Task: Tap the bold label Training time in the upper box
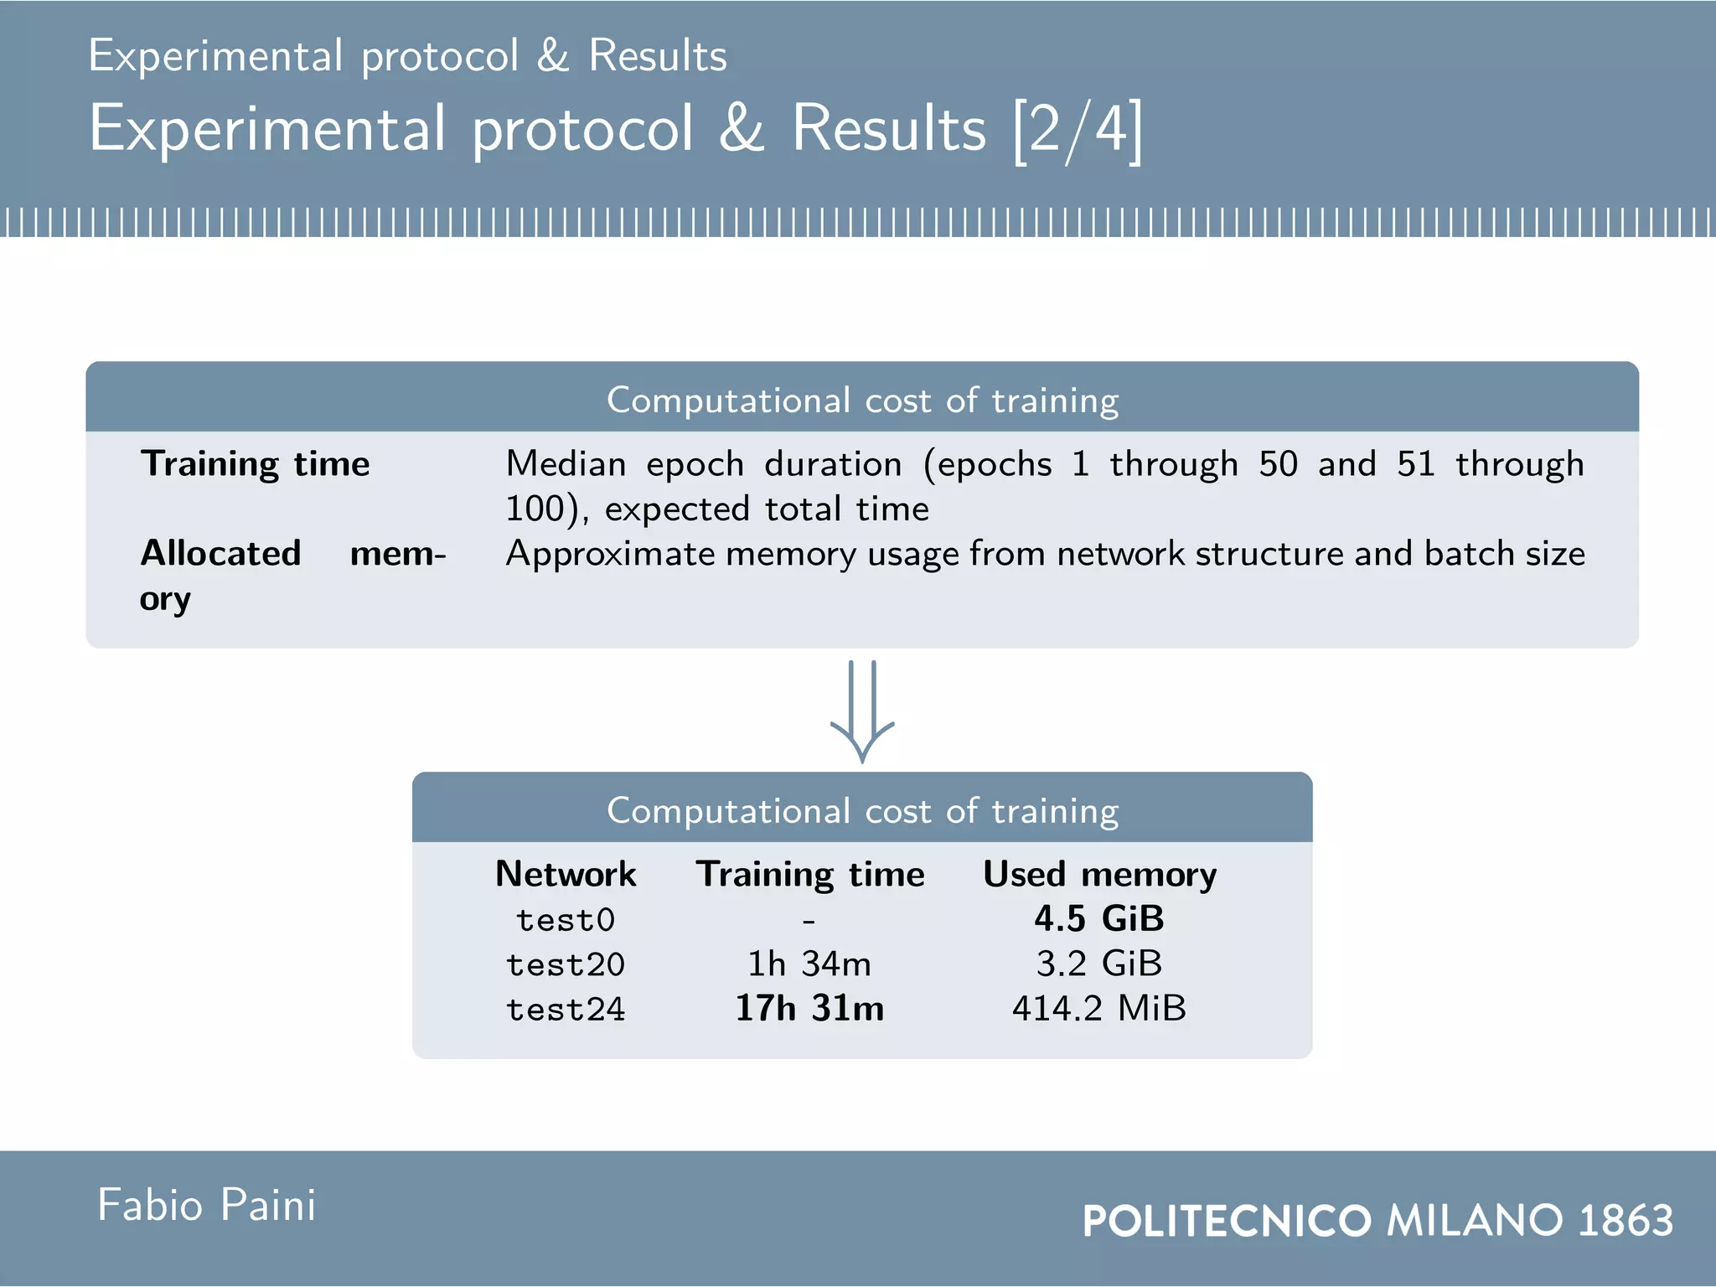(256, 464)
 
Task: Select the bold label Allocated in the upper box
(221, 554)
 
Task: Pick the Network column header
(566, 874)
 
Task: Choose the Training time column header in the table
(810, 875)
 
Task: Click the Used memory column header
(1099, 875)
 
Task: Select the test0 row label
(566, 920)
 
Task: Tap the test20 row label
(566, 964)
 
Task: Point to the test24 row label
(566, 1010)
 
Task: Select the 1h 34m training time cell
(809, 964)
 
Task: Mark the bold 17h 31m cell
(809, 1009)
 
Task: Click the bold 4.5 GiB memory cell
(1099, 919)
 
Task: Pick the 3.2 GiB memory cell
(1099, 964)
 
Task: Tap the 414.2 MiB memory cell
(1099, 1009)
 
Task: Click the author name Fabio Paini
(207, 1206)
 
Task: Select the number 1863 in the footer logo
(1626, 1221)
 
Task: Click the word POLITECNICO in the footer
(1227, 1221)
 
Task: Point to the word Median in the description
(566, 464)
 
